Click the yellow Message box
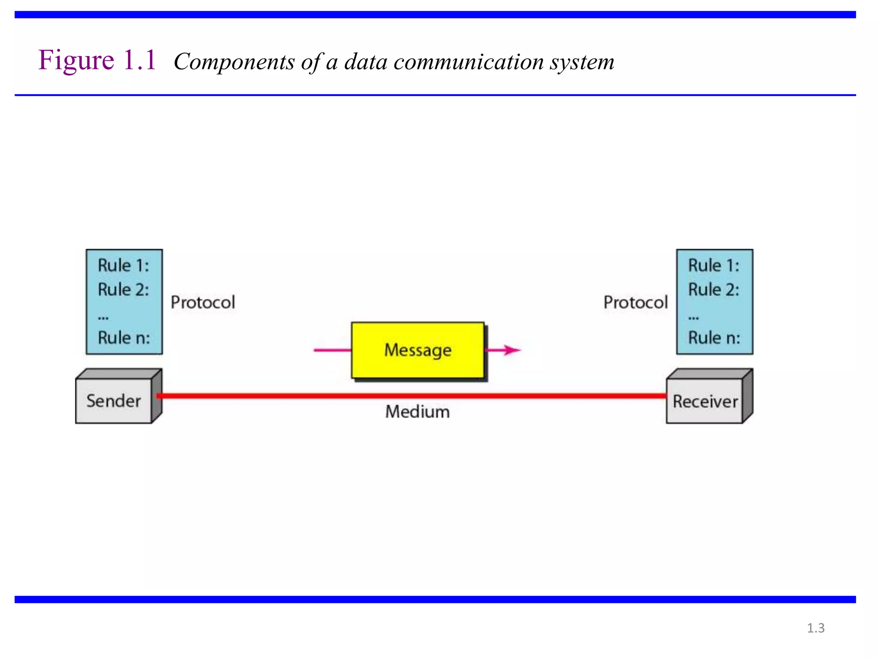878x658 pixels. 418,350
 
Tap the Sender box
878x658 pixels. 114,401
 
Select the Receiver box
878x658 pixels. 705,401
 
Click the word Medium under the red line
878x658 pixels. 418,412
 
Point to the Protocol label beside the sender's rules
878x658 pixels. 203,302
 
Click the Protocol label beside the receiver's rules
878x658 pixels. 635,302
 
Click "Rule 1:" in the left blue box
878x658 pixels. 123,266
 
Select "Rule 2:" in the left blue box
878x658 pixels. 123,290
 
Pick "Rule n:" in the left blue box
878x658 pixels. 124,338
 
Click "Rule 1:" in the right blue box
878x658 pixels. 714,266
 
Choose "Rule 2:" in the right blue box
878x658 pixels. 714,290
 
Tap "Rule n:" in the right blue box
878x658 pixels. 714,338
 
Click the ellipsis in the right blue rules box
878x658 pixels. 694,318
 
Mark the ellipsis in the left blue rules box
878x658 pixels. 103,318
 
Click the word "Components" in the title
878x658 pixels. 234,62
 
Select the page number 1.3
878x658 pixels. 815,628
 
